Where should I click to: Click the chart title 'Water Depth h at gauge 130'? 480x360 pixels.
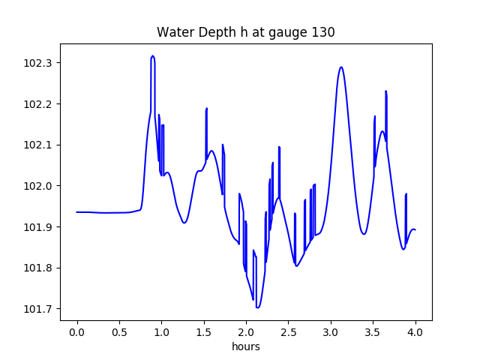click(245, 33)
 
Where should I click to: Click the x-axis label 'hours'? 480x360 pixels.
click(245, 347)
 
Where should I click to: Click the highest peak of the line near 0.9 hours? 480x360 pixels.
click(152, 56)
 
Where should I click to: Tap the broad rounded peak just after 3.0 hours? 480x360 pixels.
click(341, 67)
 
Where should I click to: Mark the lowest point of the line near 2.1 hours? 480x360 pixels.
click(257, 307)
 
